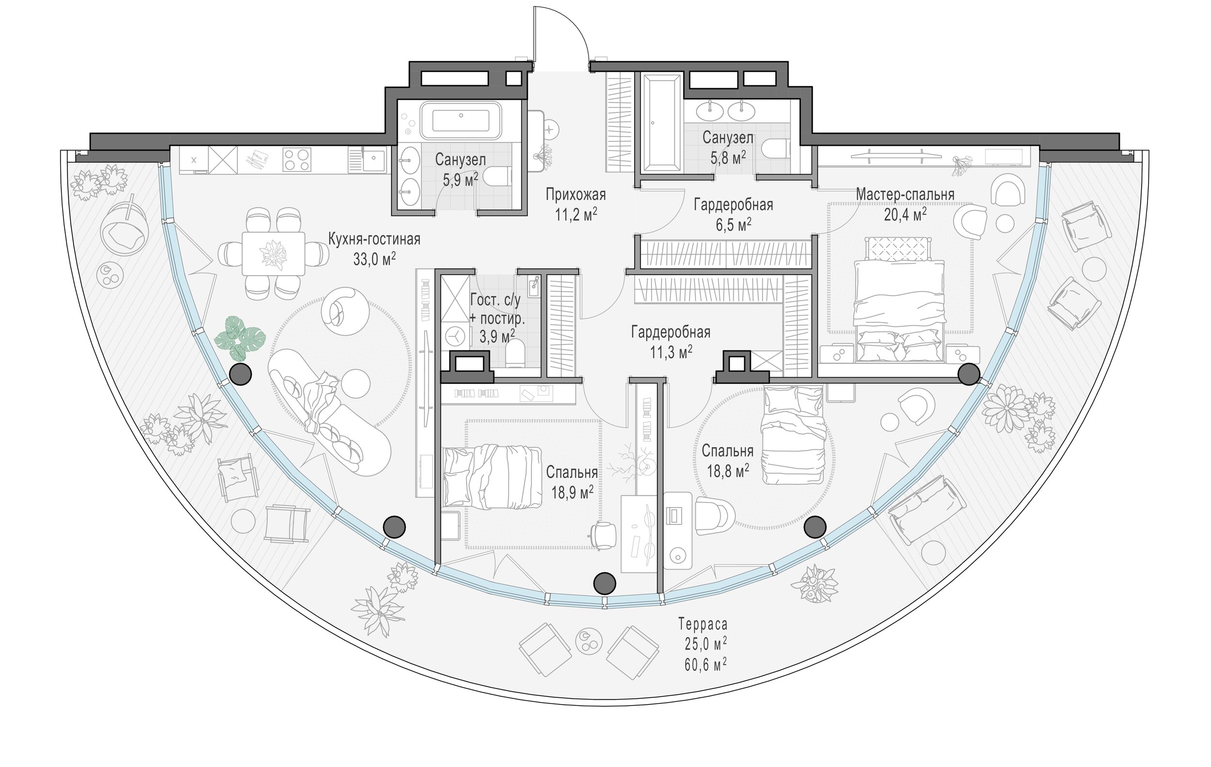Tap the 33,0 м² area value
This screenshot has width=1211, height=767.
[x=374, y=260]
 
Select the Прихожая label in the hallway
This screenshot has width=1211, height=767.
[x=576, y=195]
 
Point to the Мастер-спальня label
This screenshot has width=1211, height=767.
[x=905, y=194]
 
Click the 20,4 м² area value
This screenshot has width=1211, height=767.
[x=905, y=215]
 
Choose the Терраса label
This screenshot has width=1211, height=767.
[x=703, y=625]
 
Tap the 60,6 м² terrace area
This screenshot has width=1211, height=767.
[x=705, y=664]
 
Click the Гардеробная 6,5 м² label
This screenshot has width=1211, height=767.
[x=733, y=215]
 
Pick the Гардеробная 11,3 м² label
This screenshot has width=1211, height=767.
[x=671, y=342]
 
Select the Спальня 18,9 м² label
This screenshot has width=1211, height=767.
[x=572, y=482]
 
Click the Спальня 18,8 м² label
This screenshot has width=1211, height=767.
[x=728, y=461]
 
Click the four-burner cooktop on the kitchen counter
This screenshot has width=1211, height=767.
[x=296, y=160]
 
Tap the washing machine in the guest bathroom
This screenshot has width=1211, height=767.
[x=454, y=336]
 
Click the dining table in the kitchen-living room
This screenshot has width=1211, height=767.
[x=273, y=253]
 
